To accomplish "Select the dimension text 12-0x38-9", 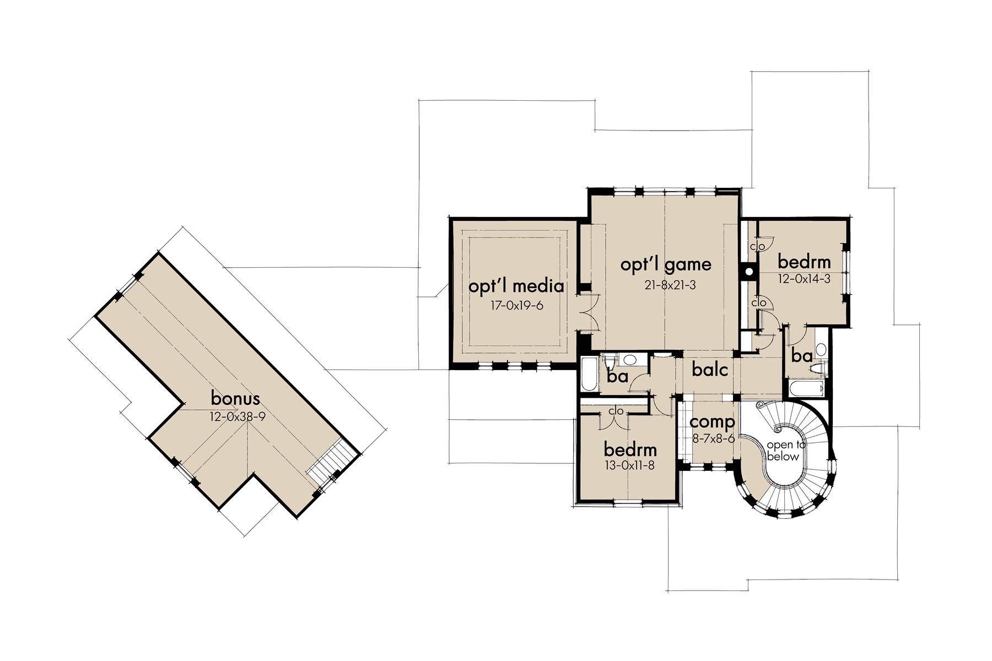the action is click(238, 416).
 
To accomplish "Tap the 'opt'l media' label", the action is click(516, 286).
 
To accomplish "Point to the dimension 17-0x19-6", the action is click(517, 305).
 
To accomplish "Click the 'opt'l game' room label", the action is click(666, 266).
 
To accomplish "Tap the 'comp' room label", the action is click(712, 423).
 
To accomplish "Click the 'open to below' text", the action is click(783, 451).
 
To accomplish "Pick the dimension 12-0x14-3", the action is click(804, 279).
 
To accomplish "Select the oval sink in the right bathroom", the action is click(821, 349).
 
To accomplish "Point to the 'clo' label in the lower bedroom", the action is click(616, 411).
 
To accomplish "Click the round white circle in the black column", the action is click(749, 272).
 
